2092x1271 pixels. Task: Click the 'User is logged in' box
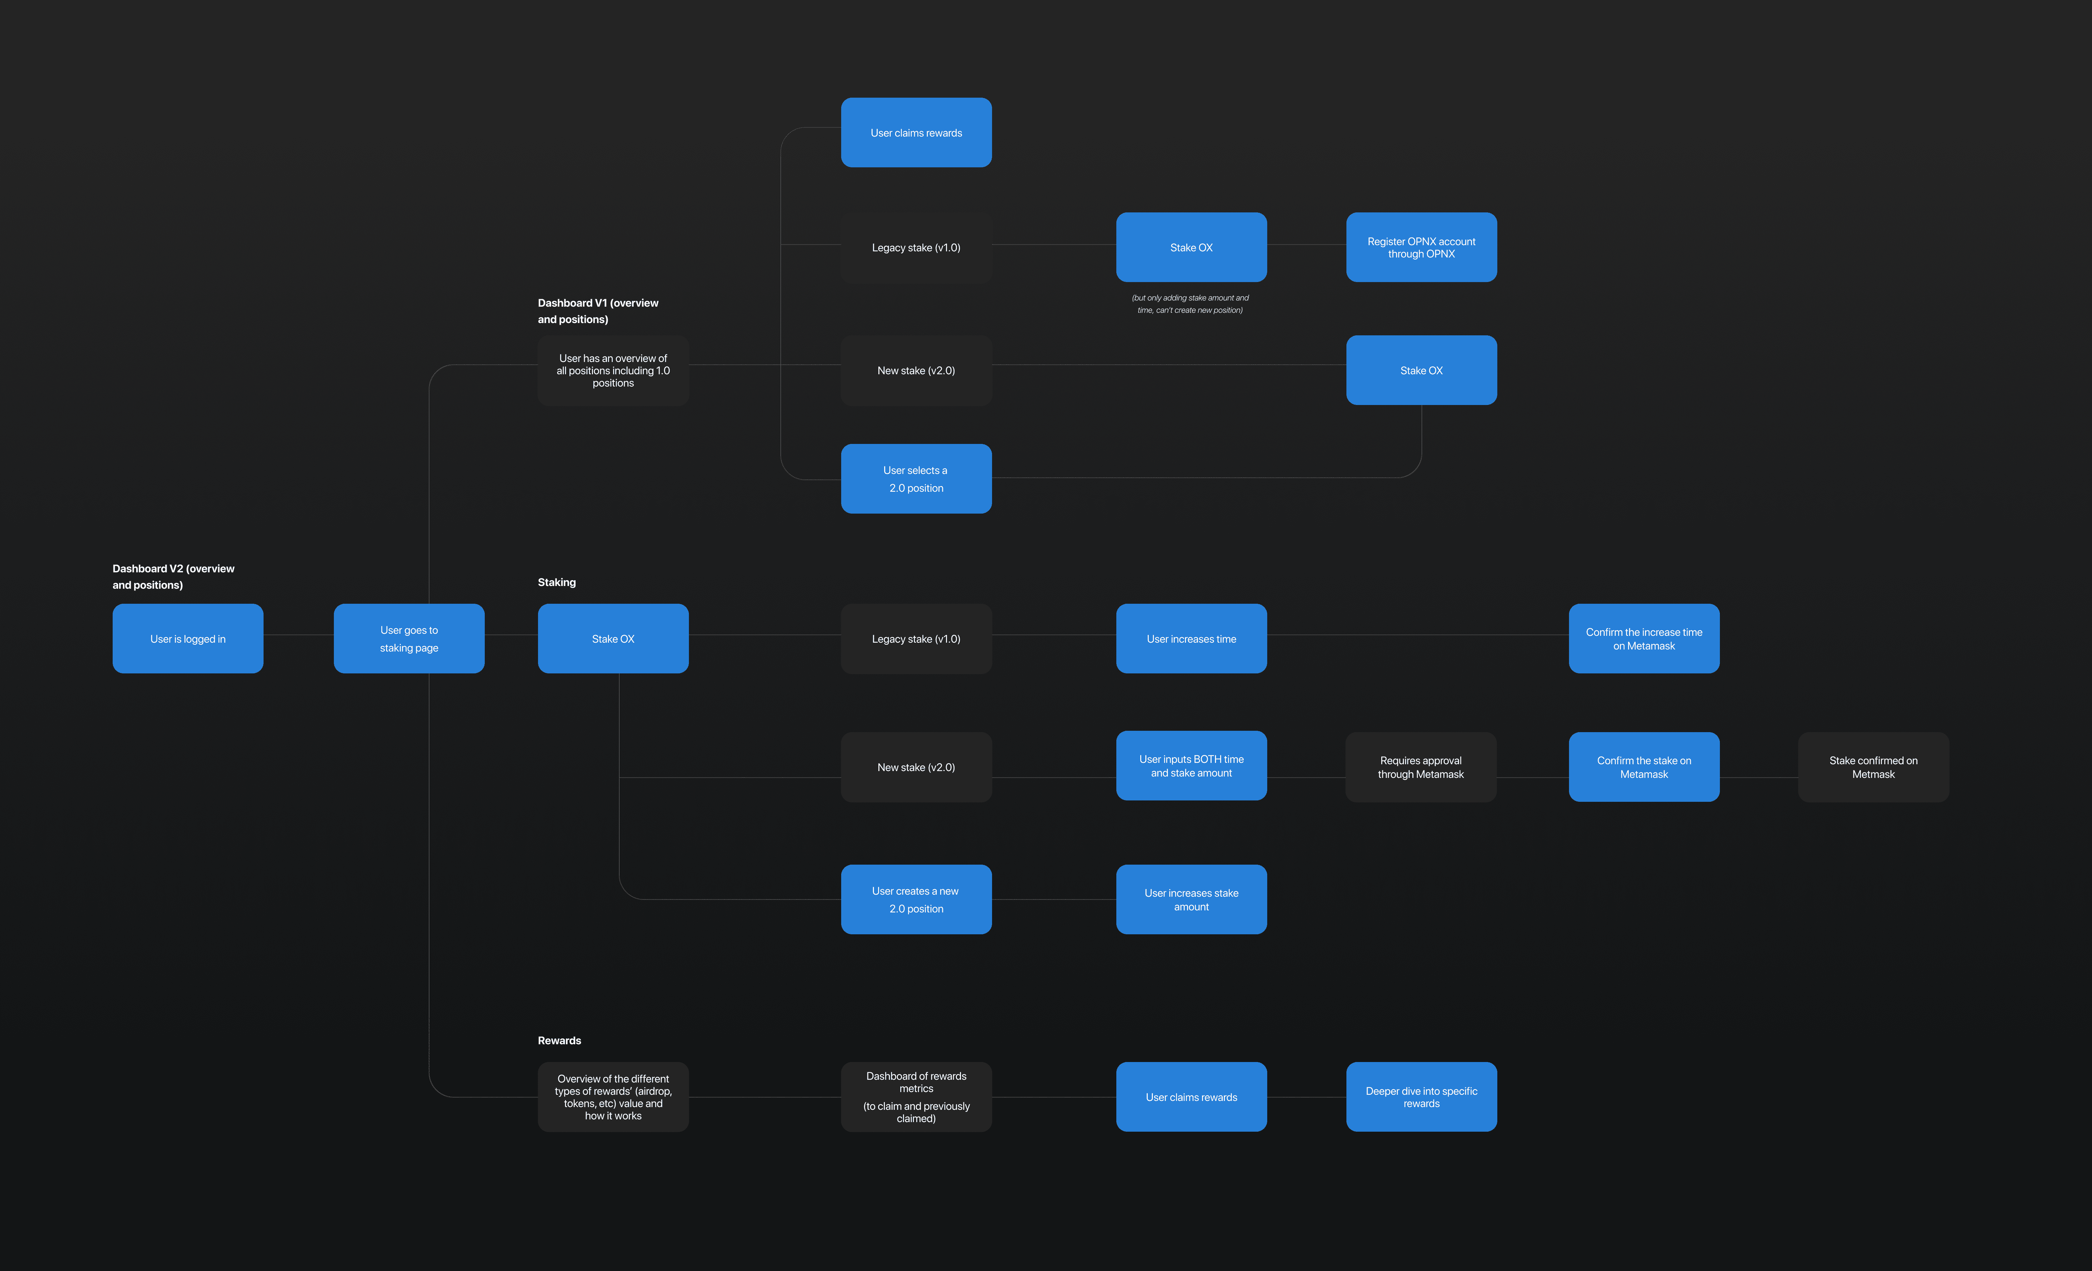188,639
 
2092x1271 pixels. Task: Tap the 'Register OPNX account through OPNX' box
1421,247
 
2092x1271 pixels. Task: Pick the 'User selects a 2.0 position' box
916,479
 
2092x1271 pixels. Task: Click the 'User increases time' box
1191,639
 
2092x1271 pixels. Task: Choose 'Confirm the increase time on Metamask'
1644,639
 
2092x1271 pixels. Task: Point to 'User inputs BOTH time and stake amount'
1191,766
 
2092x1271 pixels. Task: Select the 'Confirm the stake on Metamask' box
1644,767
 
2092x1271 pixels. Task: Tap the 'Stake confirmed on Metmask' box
1873,767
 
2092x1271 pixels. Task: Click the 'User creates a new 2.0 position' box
916,899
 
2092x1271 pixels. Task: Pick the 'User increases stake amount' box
1191,899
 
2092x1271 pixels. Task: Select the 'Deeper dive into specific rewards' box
1421,1097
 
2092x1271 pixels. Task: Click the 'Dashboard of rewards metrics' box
916,1097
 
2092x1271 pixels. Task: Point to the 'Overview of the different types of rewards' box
613,1097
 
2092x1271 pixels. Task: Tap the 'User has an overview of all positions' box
613,370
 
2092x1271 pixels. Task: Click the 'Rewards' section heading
560,1040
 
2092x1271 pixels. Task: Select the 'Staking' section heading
557,582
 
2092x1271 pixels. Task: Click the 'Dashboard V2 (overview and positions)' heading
173,576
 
